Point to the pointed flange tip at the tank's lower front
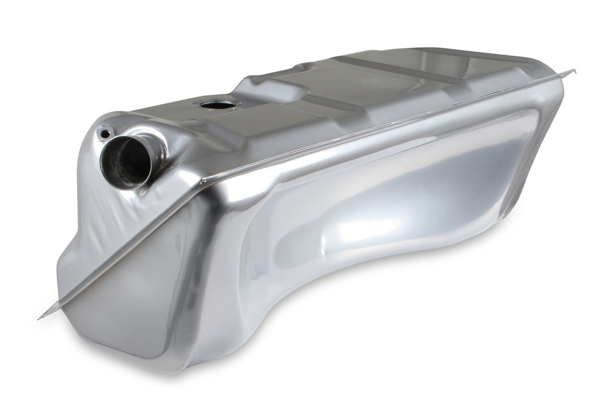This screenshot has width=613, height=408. pos(42,317)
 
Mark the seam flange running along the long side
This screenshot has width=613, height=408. pos(374,126)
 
